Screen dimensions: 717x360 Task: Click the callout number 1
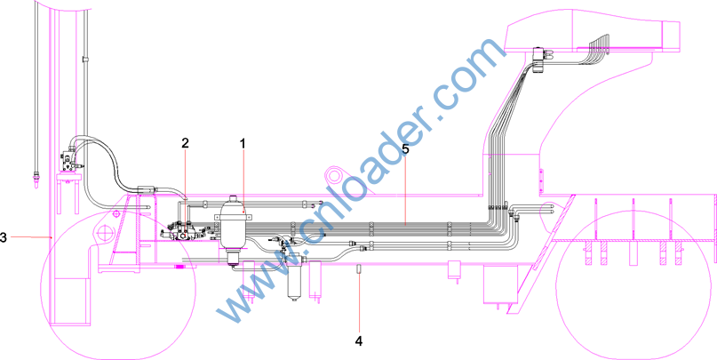click(x=243, y=143)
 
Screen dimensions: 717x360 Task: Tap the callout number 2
click(x=185, y=143)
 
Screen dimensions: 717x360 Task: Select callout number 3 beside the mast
click(x=4, y=238)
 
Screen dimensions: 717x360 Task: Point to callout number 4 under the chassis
click(x=359, y=340)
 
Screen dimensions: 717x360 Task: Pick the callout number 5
click(x=405, y=148)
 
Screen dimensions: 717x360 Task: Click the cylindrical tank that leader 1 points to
click(x=234, y=231)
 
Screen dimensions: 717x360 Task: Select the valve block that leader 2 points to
click(x=183, y=231)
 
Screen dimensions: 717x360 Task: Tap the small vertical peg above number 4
click(x=360, y=269)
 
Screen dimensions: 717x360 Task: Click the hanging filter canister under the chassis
click(x=293, y=279)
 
